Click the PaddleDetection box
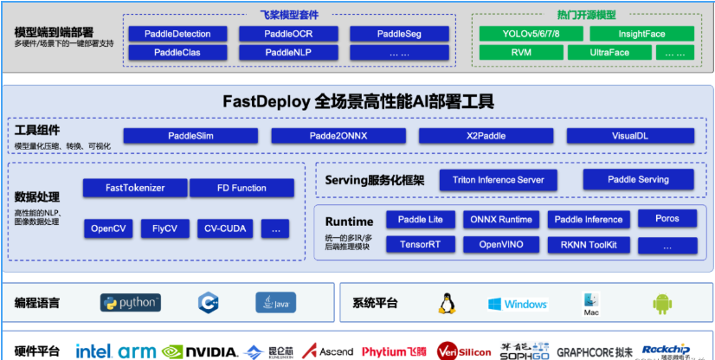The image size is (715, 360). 177,34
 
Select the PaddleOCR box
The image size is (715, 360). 288,34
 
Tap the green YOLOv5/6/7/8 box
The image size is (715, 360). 530,34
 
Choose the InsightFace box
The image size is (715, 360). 641,34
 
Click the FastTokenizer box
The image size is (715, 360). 134,188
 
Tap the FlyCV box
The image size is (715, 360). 164,228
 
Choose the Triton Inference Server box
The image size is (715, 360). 499,180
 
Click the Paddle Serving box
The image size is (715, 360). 638,180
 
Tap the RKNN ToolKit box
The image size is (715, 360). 589,244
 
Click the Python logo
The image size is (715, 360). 131,302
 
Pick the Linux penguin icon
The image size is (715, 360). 447,303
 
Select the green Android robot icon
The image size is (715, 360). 662,303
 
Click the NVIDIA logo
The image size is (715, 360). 200,351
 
